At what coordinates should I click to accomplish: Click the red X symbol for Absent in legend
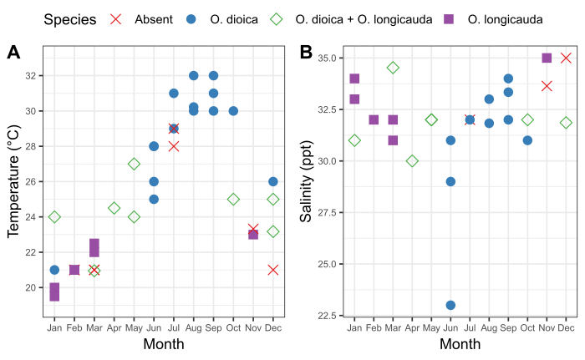[x=115, y=19]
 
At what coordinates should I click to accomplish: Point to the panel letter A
[x=13, y=53]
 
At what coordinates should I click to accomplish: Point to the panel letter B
[x=306, y=53]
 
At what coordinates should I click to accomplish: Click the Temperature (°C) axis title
[x=13, y=181]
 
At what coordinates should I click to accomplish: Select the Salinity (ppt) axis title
[x=307, y=181]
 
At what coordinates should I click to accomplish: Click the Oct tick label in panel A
[x=233, y=328]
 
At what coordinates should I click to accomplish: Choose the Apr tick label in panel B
[x=412, y=328]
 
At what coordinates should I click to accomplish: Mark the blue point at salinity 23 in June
[x=450, y=305]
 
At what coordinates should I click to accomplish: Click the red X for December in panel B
[x=566, y=58]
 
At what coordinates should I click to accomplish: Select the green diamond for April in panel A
[x=114, y=208]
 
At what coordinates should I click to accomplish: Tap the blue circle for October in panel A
[x=233, y=111]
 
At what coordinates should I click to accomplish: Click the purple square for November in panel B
[x=547, y=58]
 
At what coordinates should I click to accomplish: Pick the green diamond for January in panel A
[x=54, y=217]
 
